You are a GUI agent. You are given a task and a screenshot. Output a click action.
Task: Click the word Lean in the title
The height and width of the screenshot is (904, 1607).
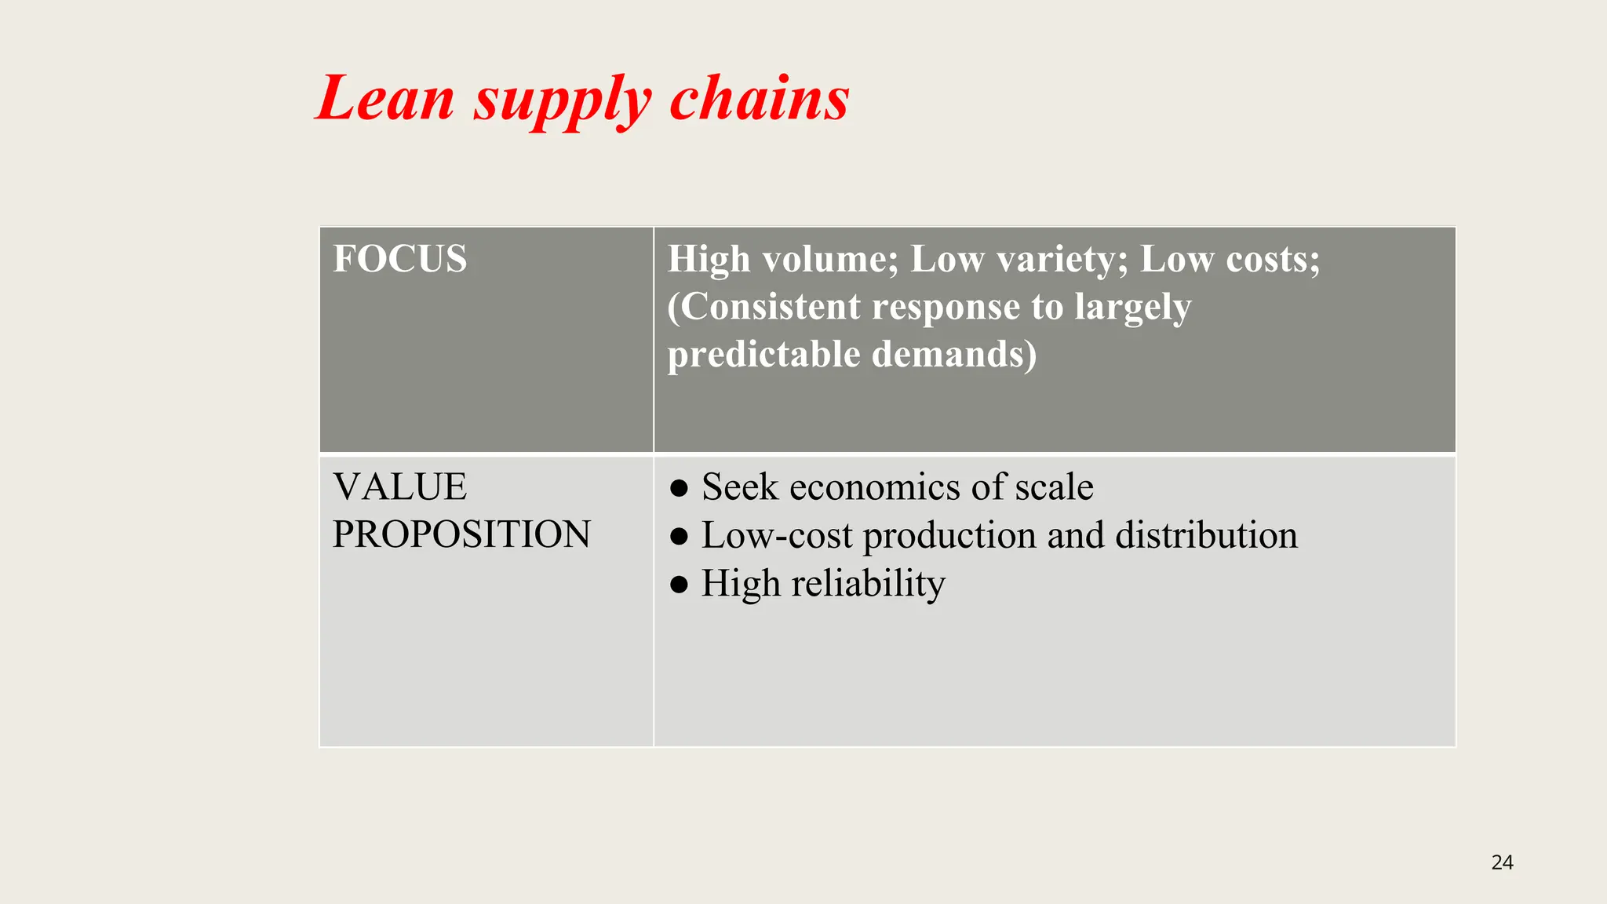[385, 99]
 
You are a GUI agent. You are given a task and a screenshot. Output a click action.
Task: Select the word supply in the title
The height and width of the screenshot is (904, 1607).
[562, 102]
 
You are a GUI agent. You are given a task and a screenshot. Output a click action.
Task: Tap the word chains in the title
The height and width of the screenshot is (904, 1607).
[759, 99]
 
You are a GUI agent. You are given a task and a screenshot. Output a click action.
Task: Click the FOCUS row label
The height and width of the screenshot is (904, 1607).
[399, 259]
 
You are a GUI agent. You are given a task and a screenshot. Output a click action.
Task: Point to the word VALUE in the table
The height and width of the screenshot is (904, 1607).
[399, 487]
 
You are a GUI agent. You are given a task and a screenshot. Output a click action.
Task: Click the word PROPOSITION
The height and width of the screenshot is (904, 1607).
[461, 534]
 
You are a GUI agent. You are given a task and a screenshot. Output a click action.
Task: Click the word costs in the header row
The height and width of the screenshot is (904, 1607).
[1273, 259]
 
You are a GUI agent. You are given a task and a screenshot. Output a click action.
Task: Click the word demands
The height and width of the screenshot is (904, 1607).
[953, 355]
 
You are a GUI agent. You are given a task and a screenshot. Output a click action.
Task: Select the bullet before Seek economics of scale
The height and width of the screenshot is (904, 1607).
[680, 488]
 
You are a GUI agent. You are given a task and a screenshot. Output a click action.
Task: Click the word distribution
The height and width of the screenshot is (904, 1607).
[1206, 535]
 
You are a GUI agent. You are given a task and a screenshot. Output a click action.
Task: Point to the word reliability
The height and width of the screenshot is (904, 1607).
[868, 584]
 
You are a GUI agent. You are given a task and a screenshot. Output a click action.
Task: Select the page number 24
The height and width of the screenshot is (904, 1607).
[1502, 862]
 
